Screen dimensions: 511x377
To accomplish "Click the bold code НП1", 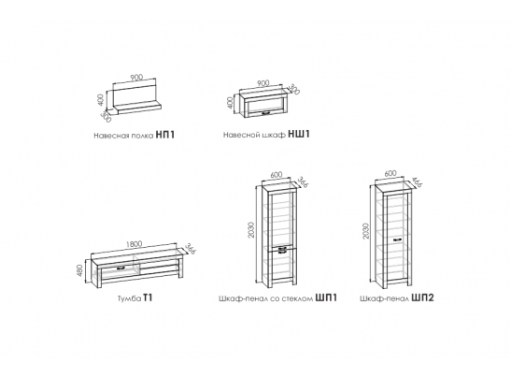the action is [165, 135].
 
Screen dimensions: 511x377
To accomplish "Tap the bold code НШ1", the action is [299, 134].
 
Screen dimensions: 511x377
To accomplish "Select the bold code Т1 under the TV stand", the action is [148, 298].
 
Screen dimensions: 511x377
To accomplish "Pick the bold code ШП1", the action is [326, 297].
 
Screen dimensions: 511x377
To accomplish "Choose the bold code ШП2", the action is [422, 297].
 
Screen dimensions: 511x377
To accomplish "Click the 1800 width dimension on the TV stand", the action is [134, 244].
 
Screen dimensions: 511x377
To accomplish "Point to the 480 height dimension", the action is [81, 270].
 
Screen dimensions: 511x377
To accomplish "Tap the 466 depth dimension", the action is [417, 182].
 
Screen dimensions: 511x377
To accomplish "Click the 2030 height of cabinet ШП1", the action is [251, 230].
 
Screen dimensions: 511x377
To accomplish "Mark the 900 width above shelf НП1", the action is [136, 78].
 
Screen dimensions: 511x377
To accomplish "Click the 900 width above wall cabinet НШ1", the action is [263, 83].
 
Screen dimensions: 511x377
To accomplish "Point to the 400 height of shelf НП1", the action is [101, 100].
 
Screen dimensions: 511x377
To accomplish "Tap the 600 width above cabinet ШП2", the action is [390, 173].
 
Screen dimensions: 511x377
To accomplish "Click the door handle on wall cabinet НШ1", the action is [265, 113].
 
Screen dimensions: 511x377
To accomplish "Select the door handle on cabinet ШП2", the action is [398, 239].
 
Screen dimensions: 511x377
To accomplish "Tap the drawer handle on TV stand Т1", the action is [121, 268].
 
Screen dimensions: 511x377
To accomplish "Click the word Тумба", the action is [129, 298].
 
